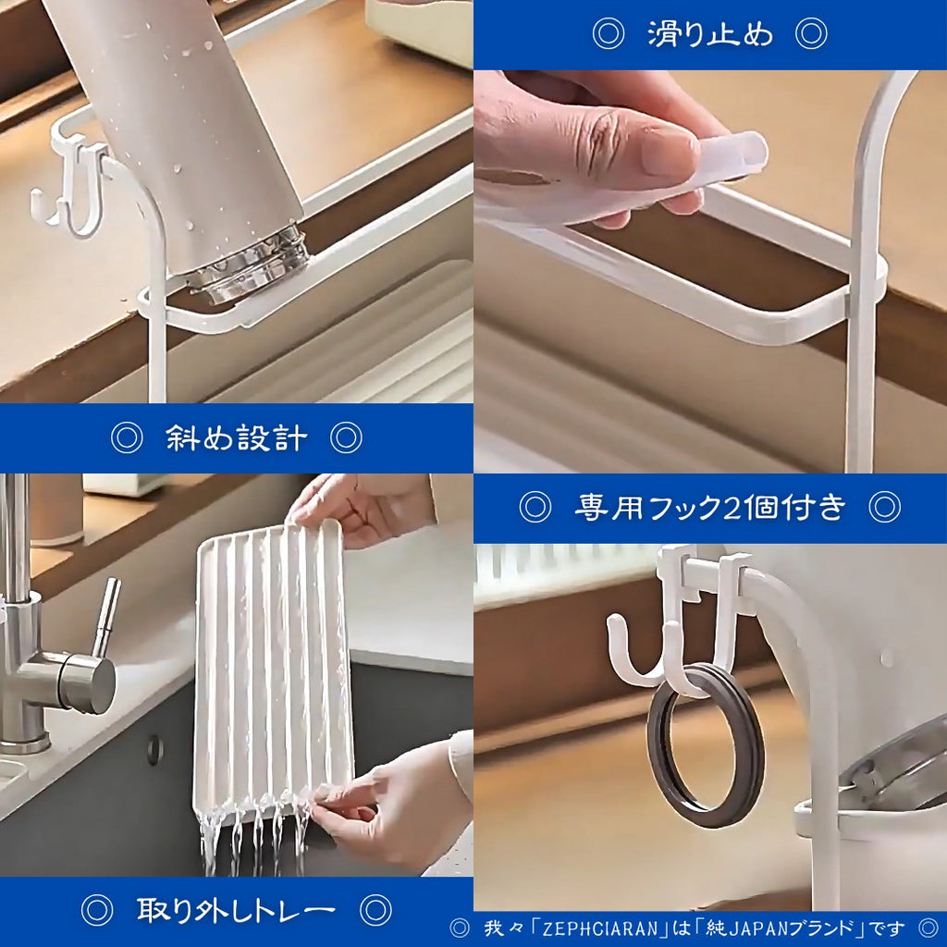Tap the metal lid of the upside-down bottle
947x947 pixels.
point(254,264)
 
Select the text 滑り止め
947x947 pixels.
point(710,34)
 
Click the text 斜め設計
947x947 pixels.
point(236,437)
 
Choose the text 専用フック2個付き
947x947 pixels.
point(710,507)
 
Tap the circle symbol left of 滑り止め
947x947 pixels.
point(608,34)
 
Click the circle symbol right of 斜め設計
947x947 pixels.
point(346,437)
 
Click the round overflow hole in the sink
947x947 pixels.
point(154,749)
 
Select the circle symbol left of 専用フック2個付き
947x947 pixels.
point(535,507)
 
